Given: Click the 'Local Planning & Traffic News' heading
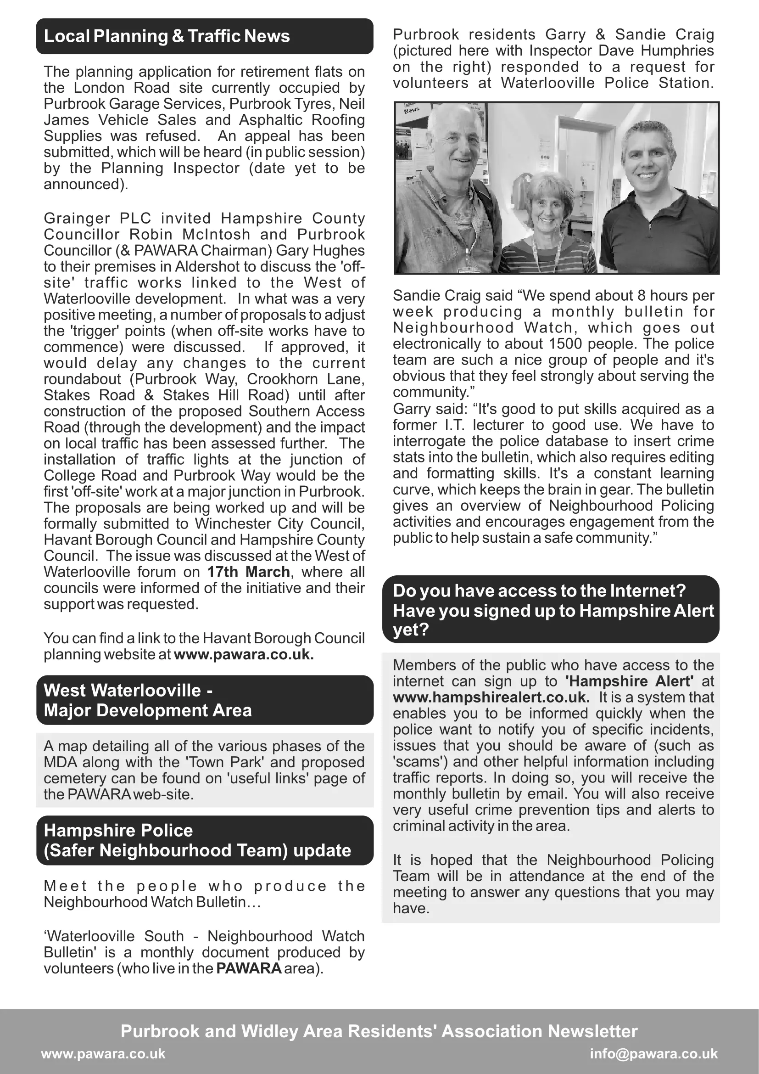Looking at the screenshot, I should point(167,36).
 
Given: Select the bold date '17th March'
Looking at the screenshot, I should point(249,572).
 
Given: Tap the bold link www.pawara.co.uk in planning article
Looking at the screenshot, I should point(244,654).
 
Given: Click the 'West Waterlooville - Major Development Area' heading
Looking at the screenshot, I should point(148,700).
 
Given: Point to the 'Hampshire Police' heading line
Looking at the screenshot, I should point(118,830).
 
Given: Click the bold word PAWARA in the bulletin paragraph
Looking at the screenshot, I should point(249,968).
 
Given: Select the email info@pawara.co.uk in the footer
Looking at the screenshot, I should point(653,1053).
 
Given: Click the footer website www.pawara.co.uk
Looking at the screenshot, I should point(103,1053).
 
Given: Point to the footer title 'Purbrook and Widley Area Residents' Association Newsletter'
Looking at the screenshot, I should point(379,1031).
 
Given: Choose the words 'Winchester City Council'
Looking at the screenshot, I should point(279,523).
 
